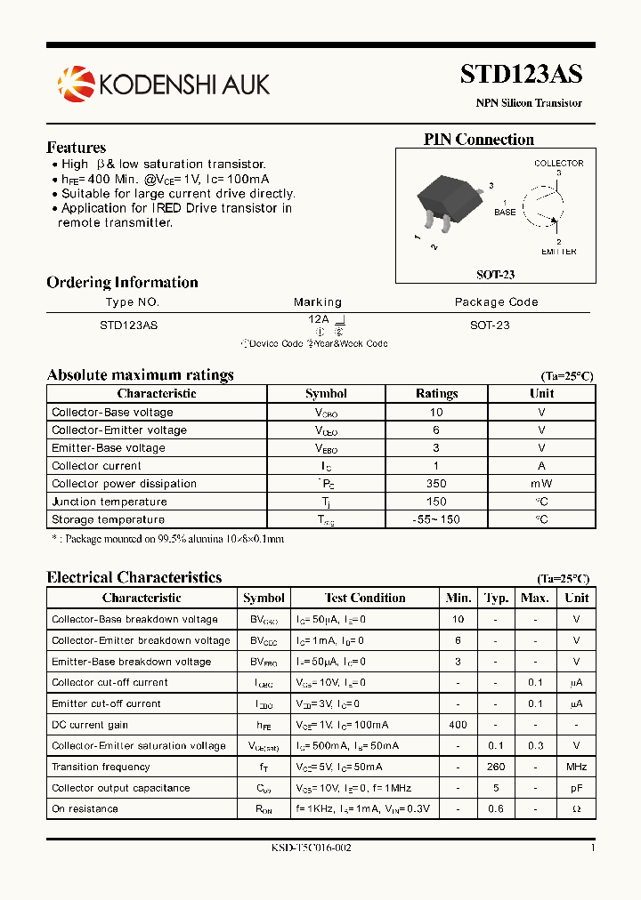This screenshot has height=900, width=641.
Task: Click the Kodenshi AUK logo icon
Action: pos(76,83)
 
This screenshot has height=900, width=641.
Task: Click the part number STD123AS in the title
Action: pos(521,75)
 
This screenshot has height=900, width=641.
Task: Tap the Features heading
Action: pos(76,148)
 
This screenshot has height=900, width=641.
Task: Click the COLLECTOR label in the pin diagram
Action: pos(558,163)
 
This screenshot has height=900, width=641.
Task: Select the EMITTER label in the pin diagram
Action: pos(558,252)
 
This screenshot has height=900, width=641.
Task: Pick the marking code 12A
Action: pos(319,318)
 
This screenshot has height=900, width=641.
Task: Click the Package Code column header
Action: pos(496,302)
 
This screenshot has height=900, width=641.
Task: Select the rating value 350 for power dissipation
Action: pos(436,484)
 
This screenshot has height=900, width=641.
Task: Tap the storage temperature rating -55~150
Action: pos(436,519)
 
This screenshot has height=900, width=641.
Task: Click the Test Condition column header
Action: pos(365,598)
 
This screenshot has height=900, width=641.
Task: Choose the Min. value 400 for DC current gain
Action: pos(458,725)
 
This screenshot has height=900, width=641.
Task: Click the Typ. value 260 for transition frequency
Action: pos(496,767)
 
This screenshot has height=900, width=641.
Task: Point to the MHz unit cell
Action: pos(576,767)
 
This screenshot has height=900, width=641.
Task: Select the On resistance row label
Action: pos(85,808)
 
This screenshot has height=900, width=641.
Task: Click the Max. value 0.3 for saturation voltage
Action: pos(534,745)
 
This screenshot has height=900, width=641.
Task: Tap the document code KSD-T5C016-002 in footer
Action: pos(312,848)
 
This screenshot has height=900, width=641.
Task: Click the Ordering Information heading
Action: pos(122,283)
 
